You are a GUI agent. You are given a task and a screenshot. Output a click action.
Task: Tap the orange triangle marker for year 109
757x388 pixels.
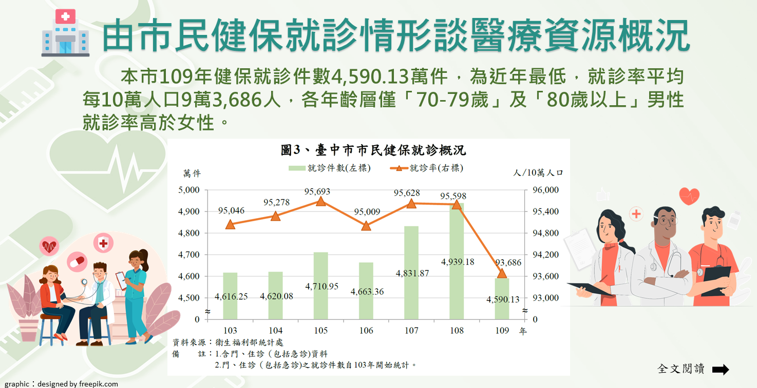tap(502, 273)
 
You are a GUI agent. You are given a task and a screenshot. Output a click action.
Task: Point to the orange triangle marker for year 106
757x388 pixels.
tap(366, 226)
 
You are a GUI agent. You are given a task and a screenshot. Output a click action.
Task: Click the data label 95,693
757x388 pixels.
tap(317, 191)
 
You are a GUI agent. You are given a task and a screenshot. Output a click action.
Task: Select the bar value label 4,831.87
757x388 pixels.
tap(412, 273)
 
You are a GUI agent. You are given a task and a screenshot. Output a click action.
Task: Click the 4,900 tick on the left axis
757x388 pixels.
tap(188, 211)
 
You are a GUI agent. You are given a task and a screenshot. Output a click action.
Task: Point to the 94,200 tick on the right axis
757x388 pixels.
tap(545, 255)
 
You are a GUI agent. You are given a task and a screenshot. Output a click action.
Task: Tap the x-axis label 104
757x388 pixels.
tap(275, 331)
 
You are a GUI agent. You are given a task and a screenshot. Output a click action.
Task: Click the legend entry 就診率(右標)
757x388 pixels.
tap(429, 168)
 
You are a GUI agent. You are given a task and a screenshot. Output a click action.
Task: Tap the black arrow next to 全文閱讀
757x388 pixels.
tap(721, 369)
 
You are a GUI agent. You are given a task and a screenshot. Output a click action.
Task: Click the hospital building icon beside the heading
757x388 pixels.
tap(65, 33)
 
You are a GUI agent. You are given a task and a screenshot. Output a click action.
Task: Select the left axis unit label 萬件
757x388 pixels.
tap(192, 173)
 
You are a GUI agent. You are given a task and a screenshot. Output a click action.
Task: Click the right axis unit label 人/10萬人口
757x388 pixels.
tap(538, 173)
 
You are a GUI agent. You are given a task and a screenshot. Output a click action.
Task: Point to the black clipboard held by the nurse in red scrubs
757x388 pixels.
tap(716, 280)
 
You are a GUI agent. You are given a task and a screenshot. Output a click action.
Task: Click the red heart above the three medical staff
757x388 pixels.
tap(689, 196)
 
